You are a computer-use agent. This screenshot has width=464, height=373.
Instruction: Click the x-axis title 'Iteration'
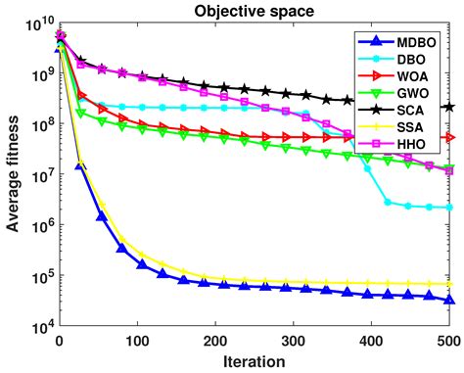[x=255, y=360]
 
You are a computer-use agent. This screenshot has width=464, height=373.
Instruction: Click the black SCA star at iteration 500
[x=448, y=108]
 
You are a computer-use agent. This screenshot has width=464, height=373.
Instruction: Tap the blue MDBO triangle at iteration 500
[x=448, y=300]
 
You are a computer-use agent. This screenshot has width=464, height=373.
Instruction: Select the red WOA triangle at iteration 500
[x=448, y=138]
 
